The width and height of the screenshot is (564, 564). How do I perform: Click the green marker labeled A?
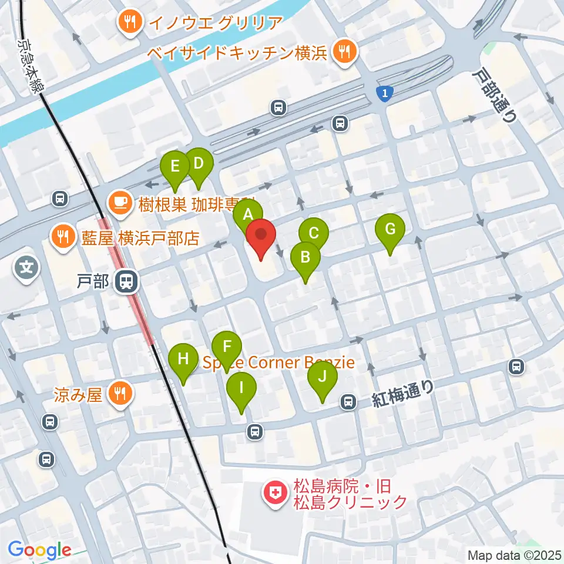(247, 214)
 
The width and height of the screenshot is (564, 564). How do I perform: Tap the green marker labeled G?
(390, 229)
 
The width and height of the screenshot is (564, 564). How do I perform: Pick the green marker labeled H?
(183, 358)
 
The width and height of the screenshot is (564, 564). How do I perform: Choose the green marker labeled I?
(241, 387)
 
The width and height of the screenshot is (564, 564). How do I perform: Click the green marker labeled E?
(175, 166)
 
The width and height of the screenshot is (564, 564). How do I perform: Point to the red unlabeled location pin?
(260, 236)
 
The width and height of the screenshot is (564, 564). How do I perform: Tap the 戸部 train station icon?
(125, 281)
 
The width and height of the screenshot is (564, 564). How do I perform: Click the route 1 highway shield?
(384, 93)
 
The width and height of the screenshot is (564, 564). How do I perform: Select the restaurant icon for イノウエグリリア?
(130, 23)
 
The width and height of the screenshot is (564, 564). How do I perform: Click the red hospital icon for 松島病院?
(274, 493)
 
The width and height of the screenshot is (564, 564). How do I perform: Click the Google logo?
(39, 550)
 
